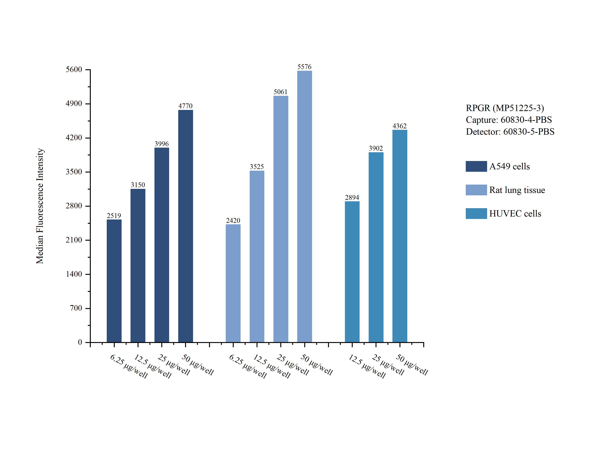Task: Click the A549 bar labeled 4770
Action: [x=185, y=226]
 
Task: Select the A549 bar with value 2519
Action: [x=114, y=281]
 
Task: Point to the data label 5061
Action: [x=280, y=92]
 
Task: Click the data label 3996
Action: [x=162, y=144]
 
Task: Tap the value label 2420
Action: [x=233, y=221]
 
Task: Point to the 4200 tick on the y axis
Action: [x=74, y=138]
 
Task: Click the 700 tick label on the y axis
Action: [x=76, y=308]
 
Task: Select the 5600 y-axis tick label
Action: [x=74, y=70]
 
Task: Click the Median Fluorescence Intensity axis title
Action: [x=40, y=206]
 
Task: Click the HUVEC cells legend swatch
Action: [x=476, y=214]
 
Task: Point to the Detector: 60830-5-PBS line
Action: [x=510, y=132]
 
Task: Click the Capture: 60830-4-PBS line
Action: [x=508, y=120]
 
